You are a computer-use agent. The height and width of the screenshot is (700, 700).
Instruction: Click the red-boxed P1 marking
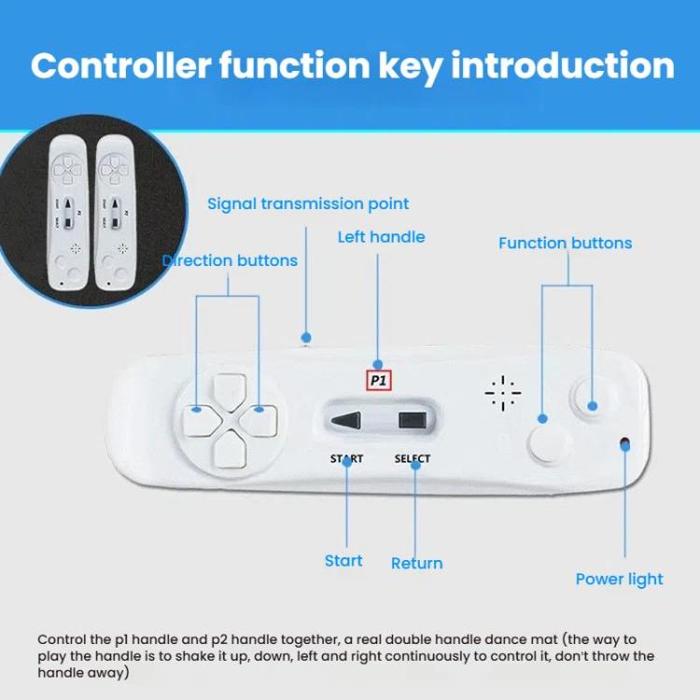click(x=378, y=380)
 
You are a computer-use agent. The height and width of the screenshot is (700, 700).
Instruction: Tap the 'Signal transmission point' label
click(x=308, y=203)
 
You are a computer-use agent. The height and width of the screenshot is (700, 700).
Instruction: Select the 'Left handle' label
click(x=381, y=237)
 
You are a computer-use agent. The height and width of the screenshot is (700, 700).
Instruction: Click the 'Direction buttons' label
click(x=231, y=260)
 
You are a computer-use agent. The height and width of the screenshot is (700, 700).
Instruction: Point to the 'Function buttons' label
click(x=565, y=243)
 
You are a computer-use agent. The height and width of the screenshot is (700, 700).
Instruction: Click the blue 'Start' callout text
click(x=343, y=560)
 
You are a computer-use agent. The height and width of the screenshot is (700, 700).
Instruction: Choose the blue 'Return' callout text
click(x=416, y=563)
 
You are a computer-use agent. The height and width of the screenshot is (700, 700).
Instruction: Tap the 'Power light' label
click(x=619, y=579)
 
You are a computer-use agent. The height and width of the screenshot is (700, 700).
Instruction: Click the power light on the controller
click(x=623, y=442)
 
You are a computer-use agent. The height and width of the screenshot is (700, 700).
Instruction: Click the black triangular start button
click(x=346, y=420)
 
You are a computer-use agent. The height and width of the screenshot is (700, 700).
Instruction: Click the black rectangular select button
click(x=411, y=420)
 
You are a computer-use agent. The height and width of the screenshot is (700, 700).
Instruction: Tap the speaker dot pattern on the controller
click(x=503, y=395)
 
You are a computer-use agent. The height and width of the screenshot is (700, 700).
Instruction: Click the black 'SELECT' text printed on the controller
click(x=412, y=458)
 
